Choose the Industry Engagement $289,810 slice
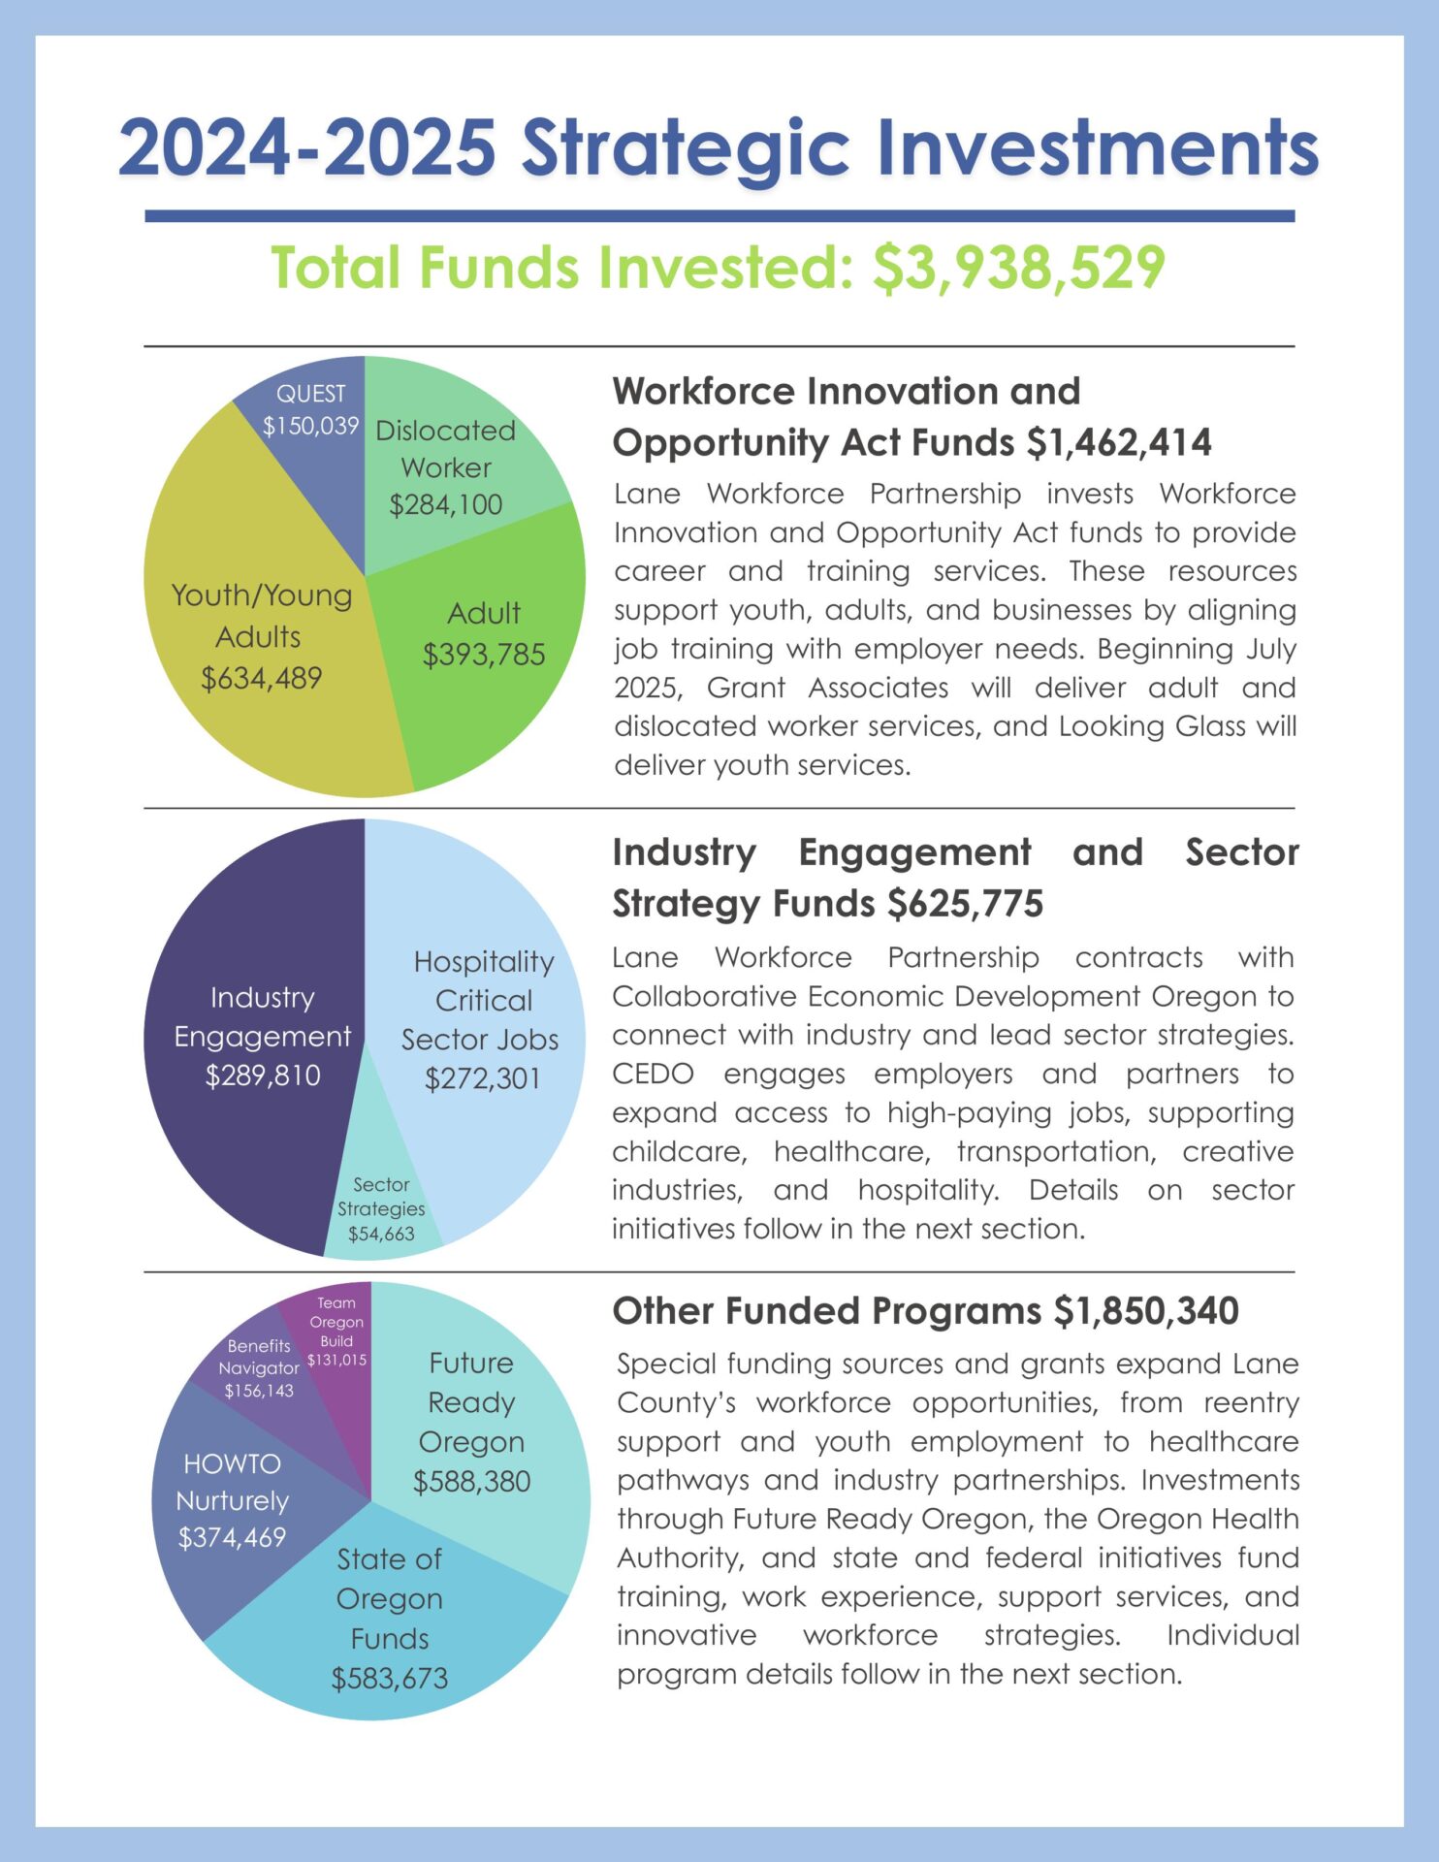(x=262, y=1037)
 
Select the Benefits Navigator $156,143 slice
(x=259, y=1368)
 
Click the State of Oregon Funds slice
(x=389, y=1619)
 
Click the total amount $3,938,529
(x=1018, y=269)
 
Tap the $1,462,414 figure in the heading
(x=1119, y=443)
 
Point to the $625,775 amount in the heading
(x=966, y=904)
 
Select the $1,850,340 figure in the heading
(x=1146, y=1311)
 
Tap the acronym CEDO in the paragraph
(x=653, y=1075)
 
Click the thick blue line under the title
(x=719, y=216)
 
